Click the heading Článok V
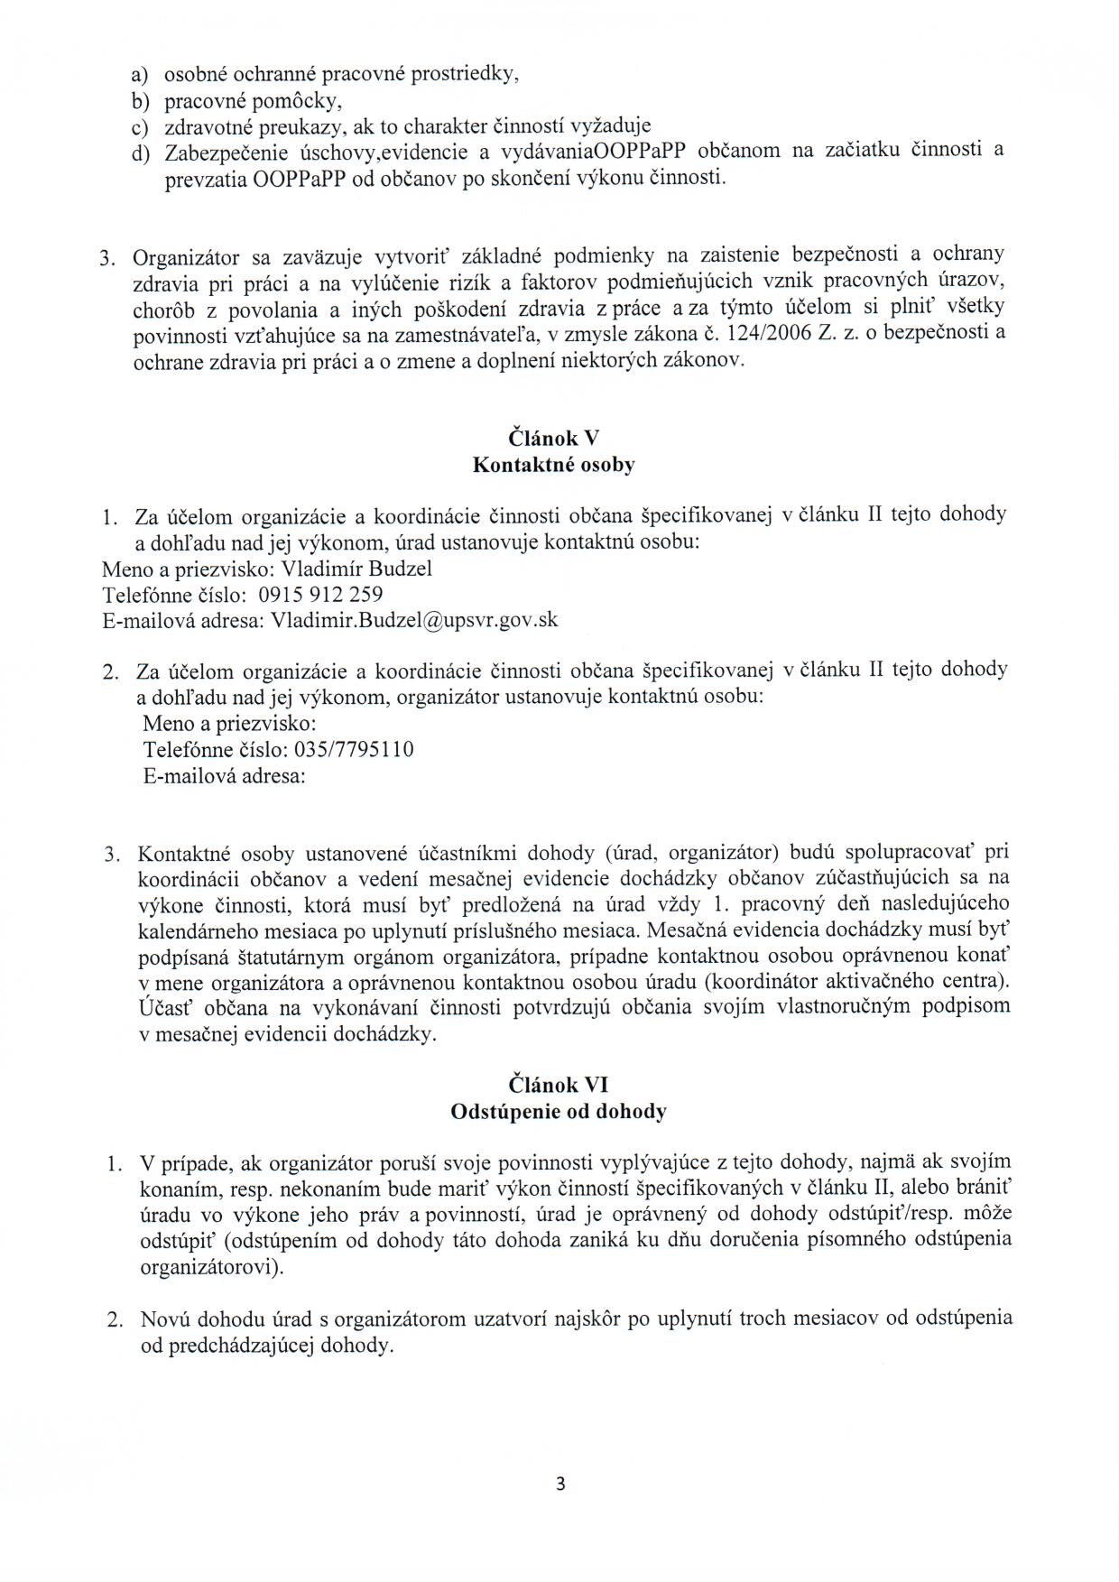(x=554, y=439)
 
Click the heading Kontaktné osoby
(x=554, y=466)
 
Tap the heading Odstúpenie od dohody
(x=559, y=1112)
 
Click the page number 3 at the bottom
(x=560, y=1484)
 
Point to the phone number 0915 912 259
(x=320, y=595)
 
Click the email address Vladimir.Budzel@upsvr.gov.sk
(x=414, y=621)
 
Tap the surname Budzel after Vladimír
(x=396, y=569)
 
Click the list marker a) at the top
(x=141, y=76)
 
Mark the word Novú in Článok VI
(x=163, y=1318)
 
